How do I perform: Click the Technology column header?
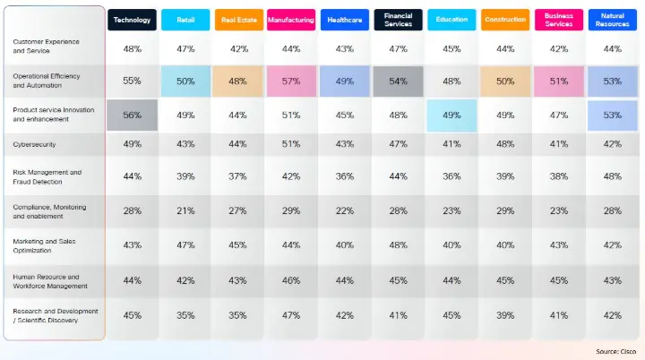132,20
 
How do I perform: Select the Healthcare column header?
345,20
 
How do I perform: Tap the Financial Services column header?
398,20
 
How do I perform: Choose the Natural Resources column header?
612,20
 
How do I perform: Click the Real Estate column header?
238,20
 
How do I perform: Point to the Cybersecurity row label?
33,144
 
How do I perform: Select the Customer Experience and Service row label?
46,47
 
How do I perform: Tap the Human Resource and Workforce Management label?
50,281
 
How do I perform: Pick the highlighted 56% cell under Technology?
132,115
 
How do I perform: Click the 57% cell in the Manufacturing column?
291,81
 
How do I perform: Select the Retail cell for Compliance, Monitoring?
185,210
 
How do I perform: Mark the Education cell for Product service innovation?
451,115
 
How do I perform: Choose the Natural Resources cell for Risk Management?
612,176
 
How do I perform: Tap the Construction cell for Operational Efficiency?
505,81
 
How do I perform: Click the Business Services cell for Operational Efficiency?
558,81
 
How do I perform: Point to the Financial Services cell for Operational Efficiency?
398,81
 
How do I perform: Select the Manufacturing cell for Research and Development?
291,315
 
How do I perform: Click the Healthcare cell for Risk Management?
345,176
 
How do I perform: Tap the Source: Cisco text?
615,351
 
